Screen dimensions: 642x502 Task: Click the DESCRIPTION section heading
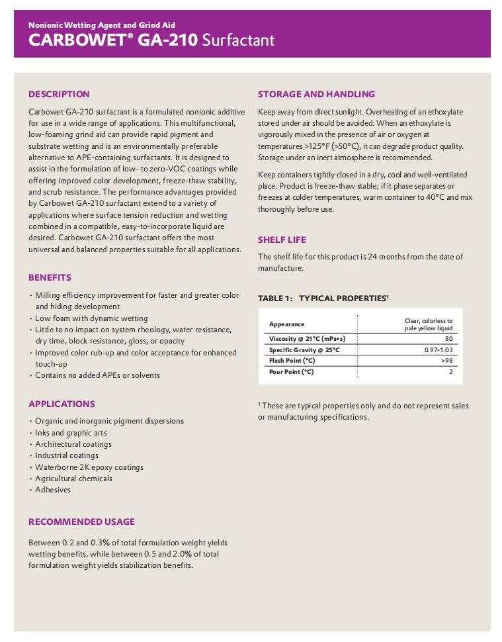(x=59, y=94)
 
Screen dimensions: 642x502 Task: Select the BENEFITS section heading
(x=50, y=277)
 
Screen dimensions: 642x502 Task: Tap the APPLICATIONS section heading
(x=62, y=404)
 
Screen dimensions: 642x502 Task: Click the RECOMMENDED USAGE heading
(x=81, y=522)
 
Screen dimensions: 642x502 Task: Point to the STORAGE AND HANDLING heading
(x=316, y=94)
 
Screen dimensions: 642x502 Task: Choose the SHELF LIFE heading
(x=282, y=240)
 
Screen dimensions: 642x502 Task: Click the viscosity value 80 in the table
(x=448, y=339)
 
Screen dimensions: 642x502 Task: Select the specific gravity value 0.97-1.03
(x=439, y=349)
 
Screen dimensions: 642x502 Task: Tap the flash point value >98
(x=447, y=361)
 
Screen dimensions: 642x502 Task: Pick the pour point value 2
(x=450, y=372)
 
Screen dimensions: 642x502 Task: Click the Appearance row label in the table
(x=286, y=324)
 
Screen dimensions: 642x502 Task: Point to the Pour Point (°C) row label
(x=291, y=372)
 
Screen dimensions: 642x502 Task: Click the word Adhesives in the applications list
(x=53, y=490)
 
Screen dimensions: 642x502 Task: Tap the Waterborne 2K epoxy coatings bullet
(x=89, y=467)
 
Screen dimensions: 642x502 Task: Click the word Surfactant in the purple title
(x=238, y=40)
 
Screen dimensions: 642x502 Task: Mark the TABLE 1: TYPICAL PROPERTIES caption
(x=323, y=298)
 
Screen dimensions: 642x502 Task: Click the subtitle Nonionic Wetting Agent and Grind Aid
(x=101, y=24)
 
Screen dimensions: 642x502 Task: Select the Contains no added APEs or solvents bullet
(x=97, y=375)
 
